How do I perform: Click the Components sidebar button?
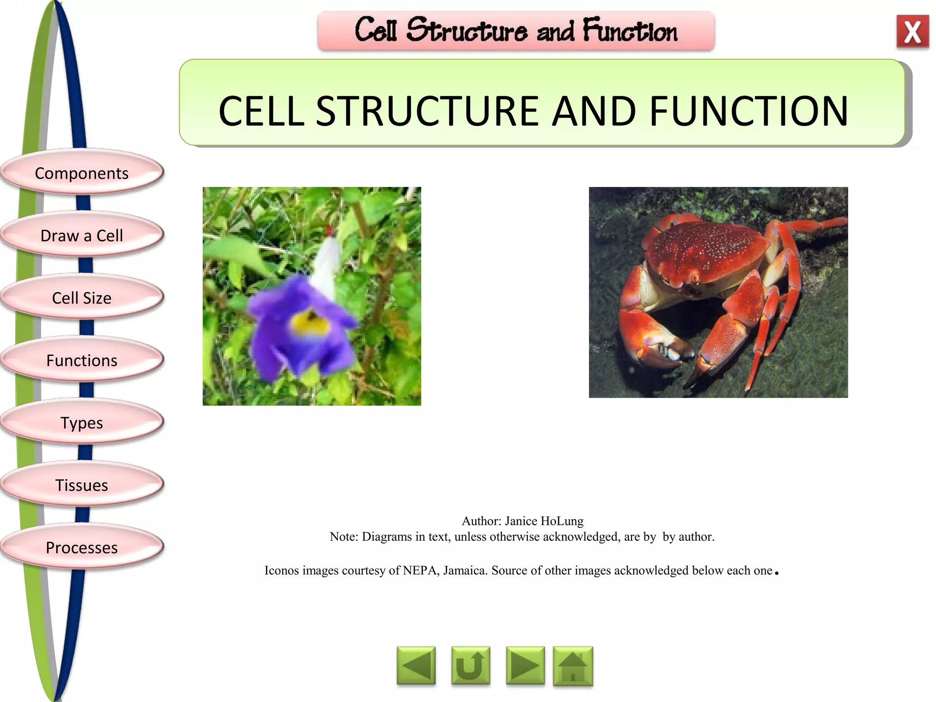[x=82, y=173]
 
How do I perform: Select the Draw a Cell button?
[x=82, y=235]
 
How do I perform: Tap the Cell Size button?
[x=82, y=298]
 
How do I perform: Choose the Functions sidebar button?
[x=82, y=361]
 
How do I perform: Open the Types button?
[x=82, y=423]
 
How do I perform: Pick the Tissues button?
[x=82, y=485]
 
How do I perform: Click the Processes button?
[x=82, y=548]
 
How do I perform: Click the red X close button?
[x=912, y=32]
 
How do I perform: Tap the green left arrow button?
[x=416, y=666]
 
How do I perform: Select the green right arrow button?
[x=525, y=666]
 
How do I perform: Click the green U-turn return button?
[x=470, y=666]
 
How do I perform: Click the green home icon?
[x=573, y=666]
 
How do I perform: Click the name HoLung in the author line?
[x=562, y=521]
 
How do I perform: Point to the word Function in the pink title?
[x=630, y=31]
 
